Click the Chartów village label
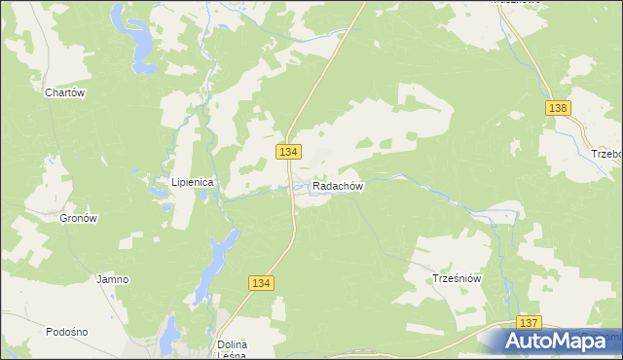point(66,93)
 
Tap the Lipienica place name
point(193,181)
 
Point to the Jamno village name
point(112,279)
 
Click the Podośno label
point(66,332)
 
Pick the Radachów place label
point(338,186)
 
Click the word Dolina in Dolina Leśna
point(233,345)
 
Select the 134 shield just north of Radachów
point(288,152)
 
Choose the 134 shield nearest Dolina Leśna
point(261,282)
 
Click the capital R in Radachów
point(317,186)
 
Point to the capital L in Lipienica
point(175,181)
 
